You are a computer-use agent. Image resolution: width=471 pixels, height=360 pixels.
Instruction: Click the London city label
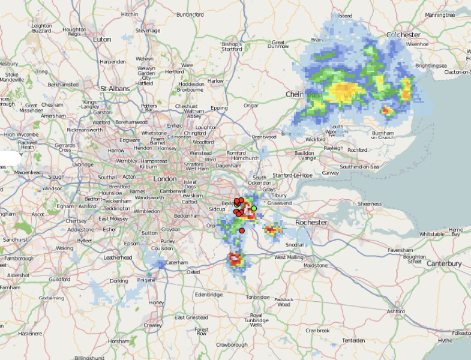(165, 179)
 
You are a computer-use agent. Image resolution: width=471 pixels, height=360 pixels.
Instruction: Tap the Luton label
(102, 39)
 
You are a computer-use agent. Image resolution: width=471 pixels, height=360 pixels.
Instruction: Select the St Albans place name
(115, 89)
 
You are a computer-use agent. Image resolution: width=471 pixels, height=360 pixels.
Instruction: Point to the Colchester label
(403, 35)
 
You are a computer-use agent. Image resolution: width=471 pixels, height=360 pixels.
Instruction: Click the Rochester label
(311, 223)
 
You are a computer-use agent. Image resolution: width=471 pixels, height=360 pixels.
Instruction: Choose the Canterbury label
(444, 263)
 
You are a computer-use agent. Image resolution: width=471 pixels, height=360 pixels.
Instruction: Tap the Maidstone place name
(316, 265)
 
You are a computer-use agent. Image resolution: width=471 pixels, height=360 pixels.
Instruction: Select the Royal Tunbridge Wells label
(256, 319)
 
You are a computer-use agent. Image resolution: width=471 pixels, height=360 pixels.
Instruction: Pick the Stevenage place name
(148, 31)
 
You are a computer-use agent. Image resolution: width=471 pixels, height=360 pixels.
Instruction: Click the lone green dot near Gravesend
(254, 208)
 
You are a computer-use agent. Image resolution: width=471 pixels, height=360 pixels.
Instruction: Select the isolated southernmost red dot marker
(242, 230)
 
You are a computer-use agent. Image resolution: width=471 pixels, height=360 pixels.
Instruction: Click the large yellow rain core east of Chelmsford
(345, 91)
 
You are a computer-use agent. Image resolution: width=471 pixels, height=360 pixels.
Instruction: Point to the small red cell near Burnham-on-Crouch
(386, 110)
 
